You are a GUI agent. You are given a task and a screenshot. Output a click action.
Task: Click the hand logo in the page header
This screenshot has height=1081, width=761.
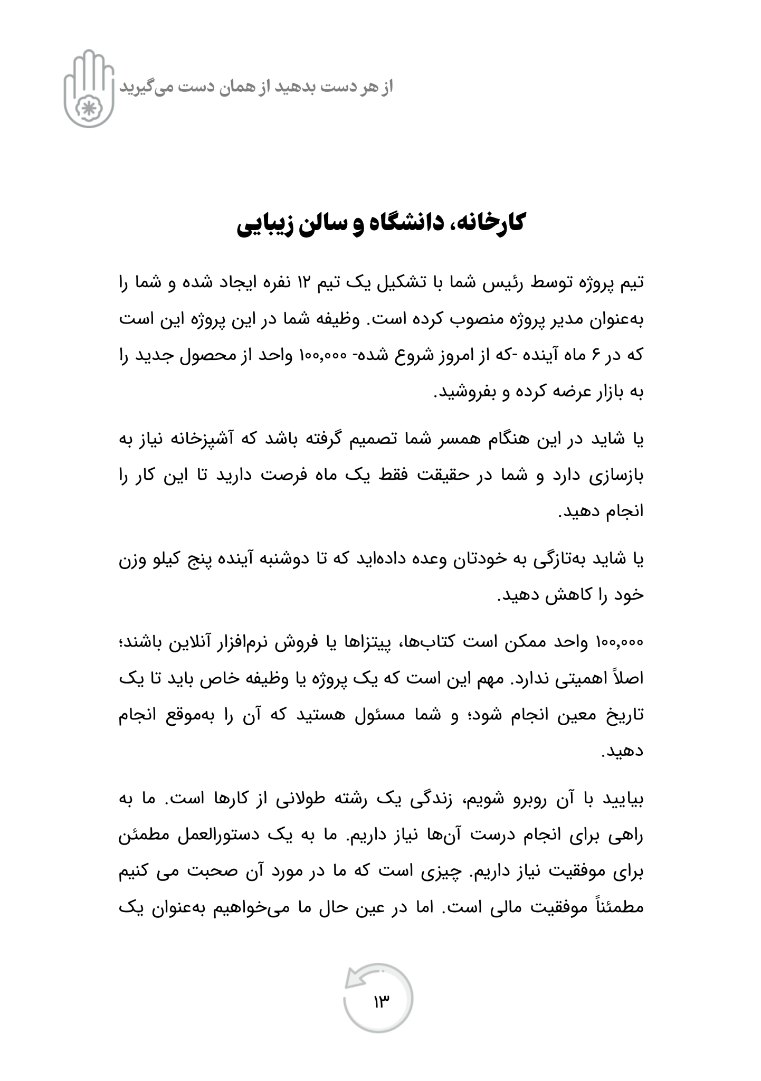[x=89, y=89]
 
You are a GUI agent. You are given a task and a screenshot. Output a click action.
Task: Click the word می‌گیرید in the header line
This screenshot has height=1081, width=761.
[x=140, y=87]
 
